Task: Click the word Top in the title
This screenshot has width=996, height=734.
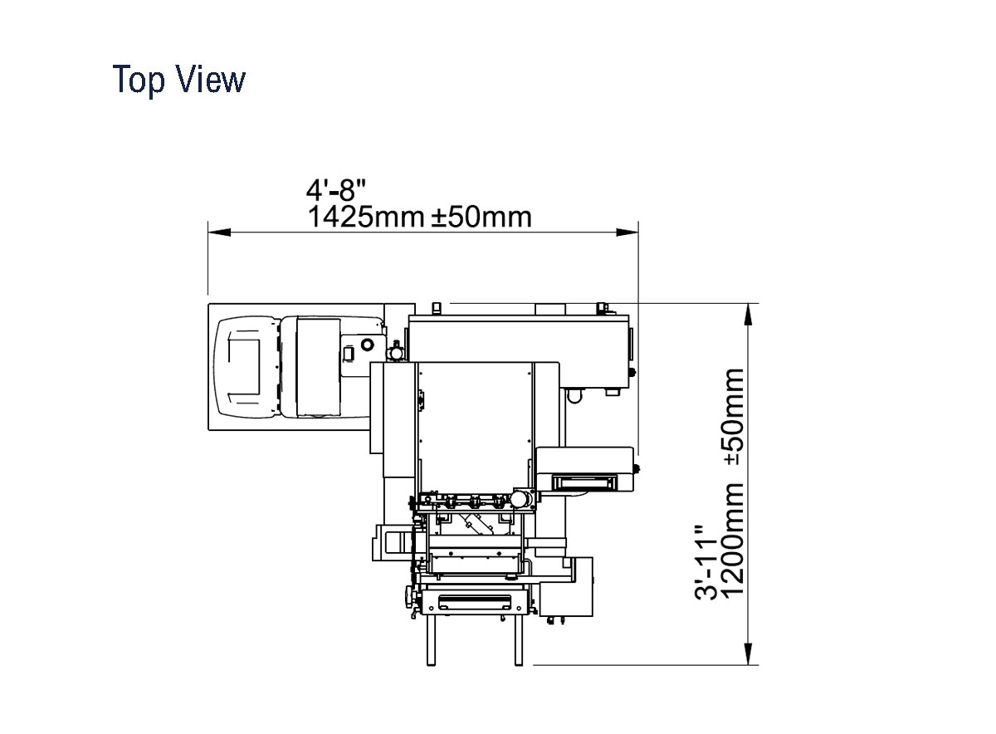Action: (x=139, y=80)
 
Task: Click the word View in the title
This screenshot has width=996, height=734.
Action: (x=211, y=79)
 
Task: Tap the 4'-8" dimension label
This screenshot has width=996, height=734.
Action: (x=335, y=190)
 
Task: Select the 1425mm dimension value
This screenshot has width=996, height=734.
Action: (x=365, y=217)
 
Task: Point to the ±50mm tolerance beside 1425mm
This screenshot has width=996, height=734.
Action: (x=481, y=217)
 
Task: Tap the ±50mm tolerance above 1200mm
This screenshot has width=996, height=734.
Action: (x=733, y=417)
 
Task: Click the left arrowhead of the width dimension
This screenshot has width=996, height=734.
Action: (x=219, y=232)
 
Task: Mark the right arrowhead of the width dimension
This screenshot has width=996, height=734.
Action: (x=627, y=232)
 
